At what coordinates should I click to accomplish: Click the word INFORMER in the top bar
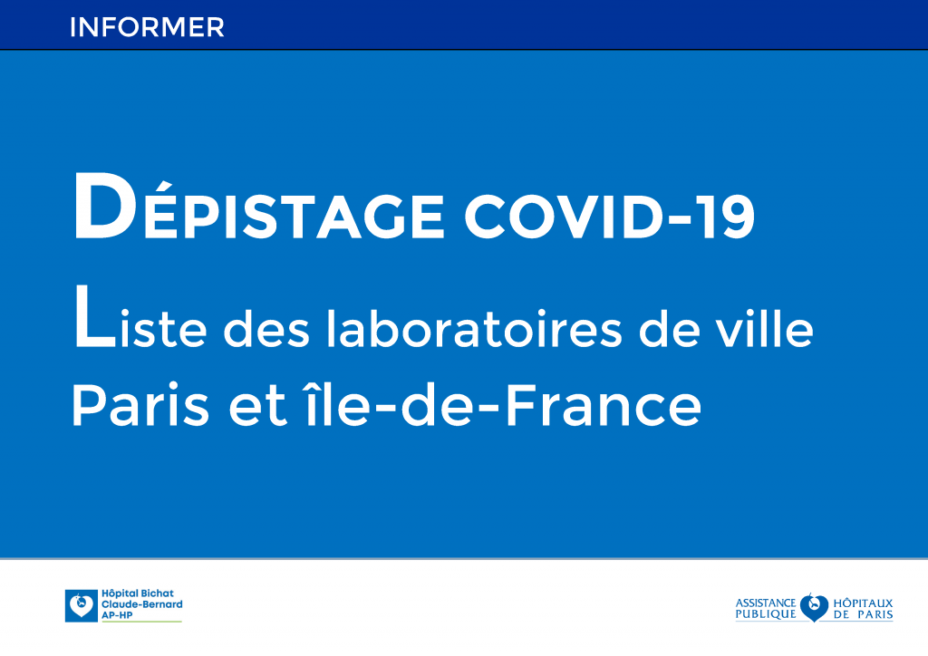click(x=146, y=26)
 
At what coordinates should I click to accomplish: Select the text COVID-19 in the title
click(x=609, y=216)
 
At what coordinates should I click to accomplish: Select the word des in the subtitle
click(x=264, y=330)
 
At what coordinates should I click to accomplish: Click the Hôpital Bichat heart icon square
click(x=81, y=605)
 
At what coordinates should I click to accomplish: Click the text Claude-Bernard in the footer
click(x=141, y=604)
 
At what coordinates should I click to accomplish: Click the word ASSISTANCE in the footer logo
click(x=765, y=602)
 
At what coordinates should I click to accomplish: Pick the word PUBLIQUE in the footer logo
click(x=765, y=614)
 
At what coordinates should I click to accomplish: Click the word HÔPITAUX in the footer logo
click(x=862, y=602)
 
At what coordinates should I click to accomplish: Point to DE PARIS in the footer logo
click(x=862, y=614)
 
